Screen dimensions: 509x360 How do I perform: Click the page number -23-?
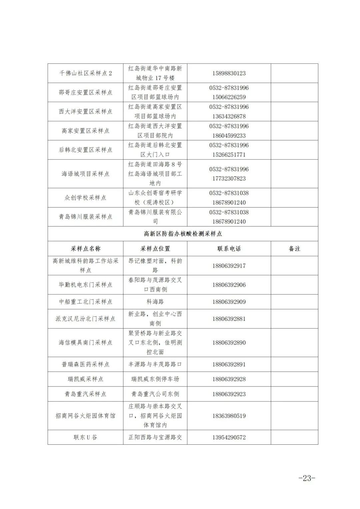pos(306,478)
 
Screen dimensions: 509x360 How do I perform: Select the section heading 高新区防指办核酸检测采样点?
pos(183,234)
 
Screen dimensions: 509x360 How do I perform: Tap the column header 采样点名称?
pos(85,249)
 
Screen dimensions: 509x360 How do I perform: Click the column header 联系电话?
pos(229,249)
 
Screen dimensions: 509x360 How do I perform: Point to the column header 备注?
pos(294,249)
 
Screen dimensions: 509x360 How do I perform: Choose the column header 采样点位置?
pos(155,249)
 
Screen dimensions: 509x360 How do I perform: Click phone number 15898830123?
pos(229,73)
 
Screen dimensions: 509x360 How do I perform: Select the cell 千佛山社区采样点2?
pos(85,73)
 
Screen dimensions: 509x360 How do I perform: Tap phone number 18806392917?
pos(229,265)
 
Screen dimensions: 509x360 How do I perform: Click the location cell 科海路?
pos(155,301)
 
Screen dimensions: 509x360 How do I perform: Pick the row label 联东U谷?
pos(85,437)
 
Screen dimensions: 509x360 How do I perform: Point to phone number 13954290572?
pos(229,437)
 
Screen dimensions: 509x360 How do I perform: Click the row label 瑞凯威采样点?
pos(85,379)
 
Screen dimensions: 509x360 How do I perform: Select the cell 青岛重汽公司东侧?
pos(155,394)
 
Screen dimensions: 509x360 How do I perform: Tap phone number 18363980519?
pos(229,415)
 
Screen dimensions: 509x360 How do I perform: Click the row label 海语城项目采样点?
pos(85,174)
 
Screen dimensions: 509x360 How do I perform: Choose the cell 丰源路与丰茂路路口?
pos(155,364)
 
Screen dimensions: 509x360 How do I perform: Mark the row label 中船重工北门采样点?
pos(85,301)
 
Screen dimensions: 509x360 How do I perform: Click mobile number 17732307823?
pos(229,179)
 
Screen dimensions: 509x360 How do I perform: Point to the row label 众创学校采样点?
pos(85,198)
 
